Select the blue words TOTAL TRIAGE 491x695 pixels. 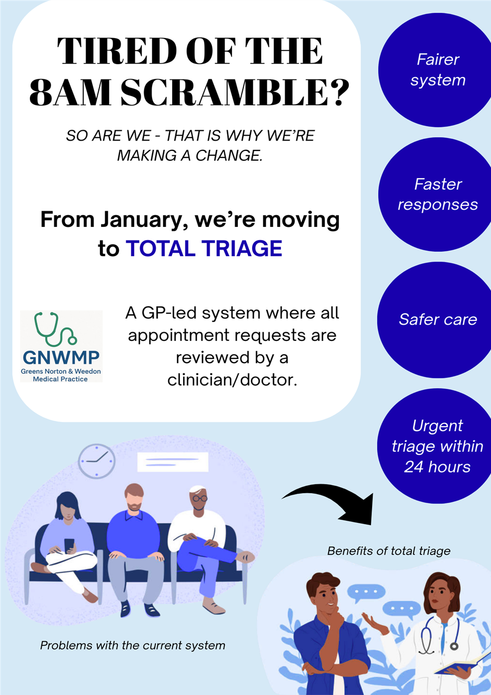click(204, 249)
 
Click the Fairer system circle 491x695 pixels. click(436, 70)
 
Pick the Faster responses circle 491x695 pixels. click(436, 194)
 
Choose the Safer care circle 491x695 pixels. click(436, 320)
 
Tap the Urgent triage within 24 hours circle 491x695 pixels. click(436, 446)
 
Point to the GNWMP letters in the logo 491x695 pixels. click(61, 357)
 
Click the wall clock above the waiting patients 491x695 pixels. click(97, 461)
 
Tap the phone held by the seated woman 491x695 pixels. click(69, 545)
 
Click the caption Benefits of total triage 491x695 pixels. click(388, 551)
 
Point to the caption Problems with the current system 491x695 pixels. click(133, 646)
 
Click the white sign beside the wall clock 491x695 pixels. click(173, 462)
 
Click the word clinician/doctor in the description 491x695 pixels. click(232, 380)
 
